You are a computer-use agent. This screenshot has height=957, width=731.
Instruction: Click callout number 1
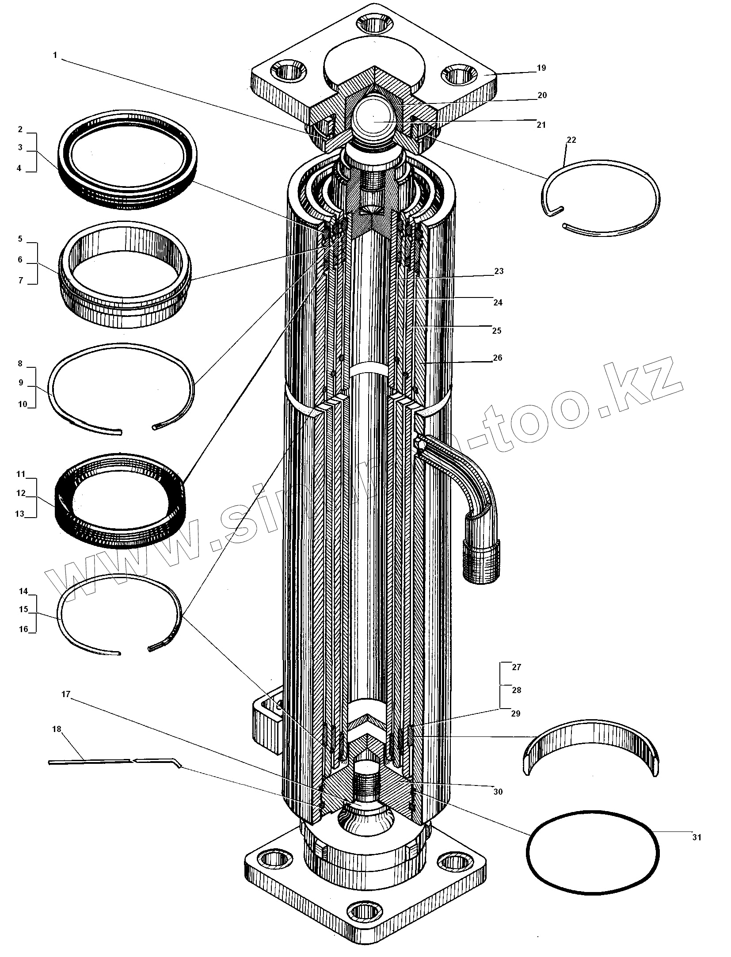tap(55, 55)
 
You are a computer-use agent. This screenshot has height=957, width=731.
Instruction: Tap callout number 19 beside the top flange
tap(541, 68)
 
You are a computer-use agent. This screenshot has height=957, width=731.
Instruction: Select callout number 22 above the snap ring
tap(571, 140)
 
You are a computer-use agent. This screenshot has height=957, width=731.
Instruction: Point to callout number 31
tap(697, 837)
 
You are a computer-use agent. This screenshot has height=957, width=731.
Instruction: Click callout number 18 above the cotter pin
tap(57, 729)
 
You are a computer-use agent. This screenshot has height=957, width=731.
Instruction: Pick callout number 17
tap(66, 694)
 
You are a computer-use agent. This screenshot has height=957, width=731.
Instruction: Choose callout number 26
tap(498, 358)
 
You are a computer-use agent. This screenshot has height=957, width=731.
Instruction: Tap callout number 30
tap(498, 792)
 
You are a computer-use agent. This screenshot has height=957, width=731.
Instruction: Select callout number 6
tap(20, 260)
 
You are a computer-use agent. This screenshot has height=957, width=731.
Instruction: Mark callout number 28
tap(516, 690)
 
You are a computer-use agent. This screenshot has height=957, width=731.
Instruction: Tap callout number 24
tap(498, 303)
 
